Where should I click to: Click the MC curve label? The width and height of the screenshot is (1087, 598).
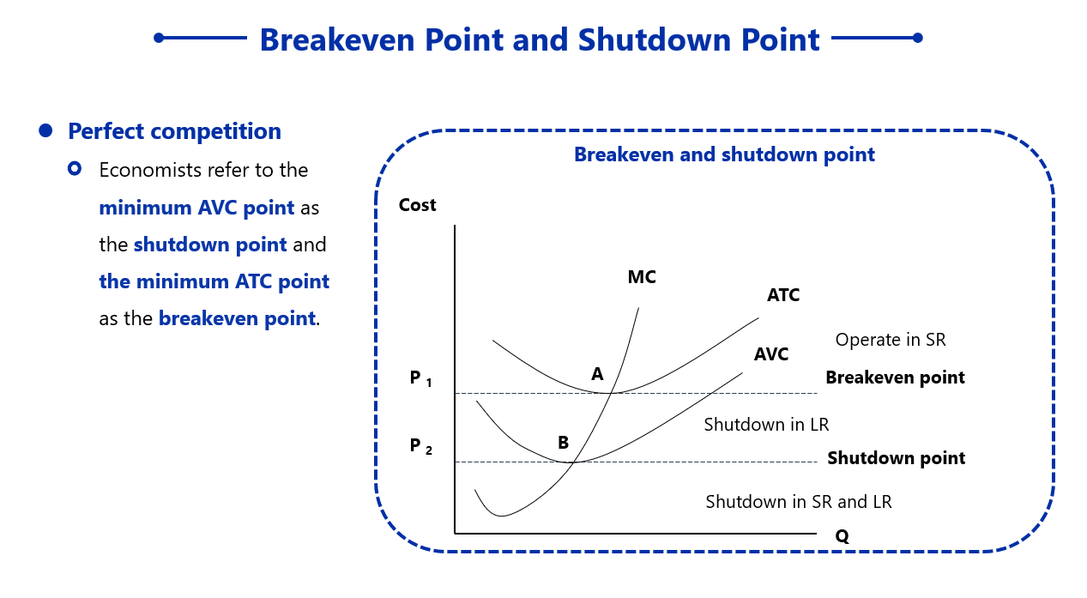point(642,277)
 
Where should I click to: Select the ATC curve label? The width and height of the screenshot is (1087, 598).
point(783,295)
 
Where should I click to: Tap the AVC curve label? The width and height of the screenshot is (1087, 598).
point(771,354)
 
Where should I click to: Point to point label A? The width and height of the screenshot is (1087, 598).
point(597,374)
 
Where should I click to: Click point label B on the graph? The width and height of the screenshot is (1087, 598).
point(563,443)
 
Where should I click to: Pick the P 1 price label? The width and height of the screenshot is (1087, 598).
point(420,378)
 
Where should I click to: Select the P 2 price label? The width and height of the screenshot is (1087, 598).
point(420,446)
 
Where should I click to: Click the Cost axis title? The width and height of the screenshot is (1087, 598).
point(417,205)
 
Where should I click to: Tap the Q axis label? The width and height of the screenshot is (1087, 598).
point(842,536)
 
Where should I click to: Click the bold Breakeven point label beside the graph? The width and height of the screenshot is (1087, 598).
point(895,378)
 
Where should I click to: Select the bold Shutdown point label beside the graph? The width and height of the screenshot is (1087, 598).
point(896,458)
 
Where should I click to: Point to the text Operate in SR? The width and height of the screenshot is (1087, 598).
point(891,340)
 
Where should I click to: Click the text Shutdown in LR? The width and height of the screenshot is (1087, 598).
point(766,425)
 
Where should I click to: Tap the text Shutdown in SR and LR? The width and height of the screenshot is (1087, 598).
point(798,502)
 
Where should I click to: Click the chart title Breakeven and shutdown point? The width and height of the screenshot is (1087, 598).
point(724,155)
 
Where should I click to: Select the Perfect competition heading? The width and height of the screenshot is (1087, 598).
point(174,131)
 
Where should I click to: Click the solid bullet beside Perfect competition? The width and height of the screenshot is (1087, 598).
point(46,130)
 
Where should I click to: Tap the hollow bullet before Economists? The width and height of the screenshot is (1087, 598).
point(75,169)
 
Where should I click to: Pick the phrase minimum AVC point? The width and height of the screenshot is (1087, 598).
point(196,208)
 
